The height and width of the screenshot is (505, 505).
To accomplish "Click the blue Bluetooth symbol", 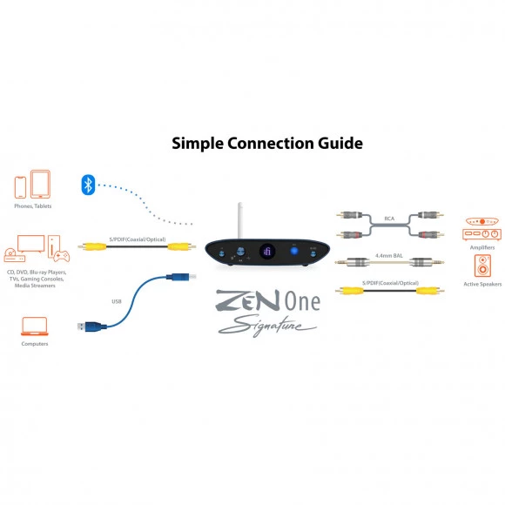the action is [88, 185].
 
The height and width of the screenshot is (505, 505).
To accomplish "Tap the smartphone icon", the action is [20, 187].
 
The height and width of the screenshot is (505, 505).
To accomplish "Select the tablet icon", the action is [40, 184].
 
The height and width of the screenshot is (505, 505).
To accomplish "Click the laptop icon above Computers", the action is [35, 327].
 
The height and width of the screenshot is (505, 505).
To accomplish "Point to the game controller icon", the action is [62, 256].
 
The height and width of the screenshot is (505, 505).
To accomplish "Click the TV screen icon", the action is [31, 244].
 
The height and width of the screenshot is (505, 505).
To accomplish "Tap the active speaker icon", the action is [482, 266].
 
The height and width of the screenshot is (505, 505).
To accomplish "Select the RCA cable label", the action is [389, 219].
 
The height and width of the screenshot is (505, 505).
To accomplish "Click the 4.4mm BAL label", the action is [389, 256].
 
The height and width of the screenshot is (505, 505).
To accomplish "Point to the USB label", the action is [117, 301].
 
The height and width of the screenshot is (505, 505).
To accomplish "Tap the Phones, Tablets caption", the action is [33, 206].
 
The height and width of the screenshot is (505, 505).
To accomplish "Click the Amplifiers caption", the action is [482, 247].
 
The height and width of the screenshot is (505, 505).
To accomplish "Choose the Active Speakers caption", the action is [482, 284].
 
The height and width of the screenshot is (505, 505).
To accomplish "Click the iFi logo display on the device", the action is [267, 252].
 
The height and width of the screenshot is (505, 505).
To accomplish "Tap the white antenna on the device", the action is [240, 220].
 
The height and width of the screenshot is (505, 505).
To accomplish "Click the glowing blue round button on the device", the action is [294, 251].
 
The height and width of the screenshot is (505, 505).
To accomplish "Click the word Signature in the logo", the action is [267, 326].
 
